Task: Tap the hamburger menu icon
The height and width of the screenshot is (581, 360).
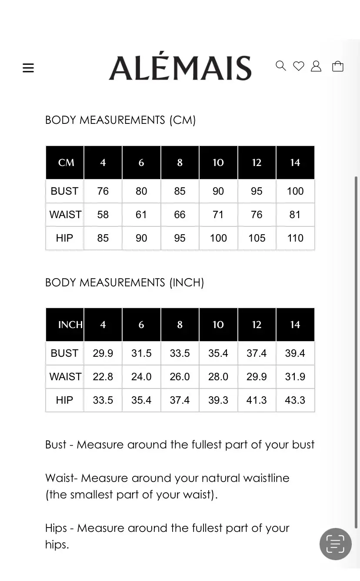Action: pos(28,68)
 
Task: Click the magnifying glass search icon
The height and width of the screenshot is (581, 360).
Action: pos(281,66)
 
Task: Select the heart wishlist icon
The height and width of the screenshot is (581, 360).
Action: pos(299,66)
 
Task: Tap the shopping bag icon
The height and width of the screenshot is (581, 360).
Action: pos(338,66)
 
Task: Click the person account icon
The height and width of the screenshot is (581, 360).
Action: pos(316,66)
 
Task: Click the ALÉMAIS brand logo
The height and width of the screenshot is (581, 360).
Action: pos(180,68)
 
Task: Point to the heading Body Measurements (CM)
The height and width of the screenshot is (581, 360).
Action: pos(120,120)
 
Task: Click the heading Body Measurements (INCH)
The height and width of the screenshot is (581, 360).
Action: pos(125,282)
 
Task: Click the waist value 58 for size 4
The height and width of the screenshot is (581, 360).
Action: pos(103,215)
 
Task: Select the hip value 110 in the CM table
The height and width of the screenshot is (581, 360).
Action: pos(295,238)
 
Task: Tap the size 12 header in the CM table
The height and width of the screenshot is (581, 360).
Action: pos(257,163)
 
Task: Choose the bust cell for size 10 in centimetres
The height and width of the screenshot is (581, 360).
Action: pos(218,191)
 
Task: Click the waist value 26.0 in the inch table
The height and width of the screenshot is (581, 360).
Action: pos(180,377)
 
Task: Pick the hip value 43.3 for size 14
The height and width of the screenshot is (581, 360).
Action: pos(295,400)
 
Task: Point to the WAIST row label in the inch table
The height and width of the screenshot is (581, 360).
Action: pos(65,377)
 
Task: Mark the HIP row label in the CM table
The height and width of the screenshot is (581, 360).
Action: pos(64,238)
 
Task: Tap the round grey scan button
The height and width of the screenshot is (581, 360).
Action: pos(335,544)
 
